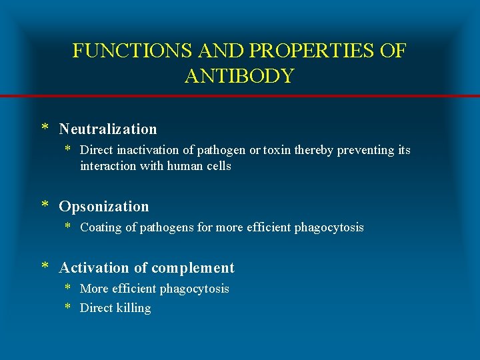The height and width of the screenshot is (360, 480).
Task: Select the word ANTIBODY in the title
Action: [239, 76]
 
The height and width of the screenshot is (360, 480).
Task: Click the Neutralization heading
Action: [108, 129]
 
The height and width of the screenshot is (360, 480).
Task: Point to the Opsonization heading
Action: [104, 207]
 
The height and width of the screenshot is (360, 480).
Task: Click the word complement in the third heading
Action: [193, 268]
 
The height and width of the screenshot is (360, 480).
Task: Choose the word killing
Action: [133, 308]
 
